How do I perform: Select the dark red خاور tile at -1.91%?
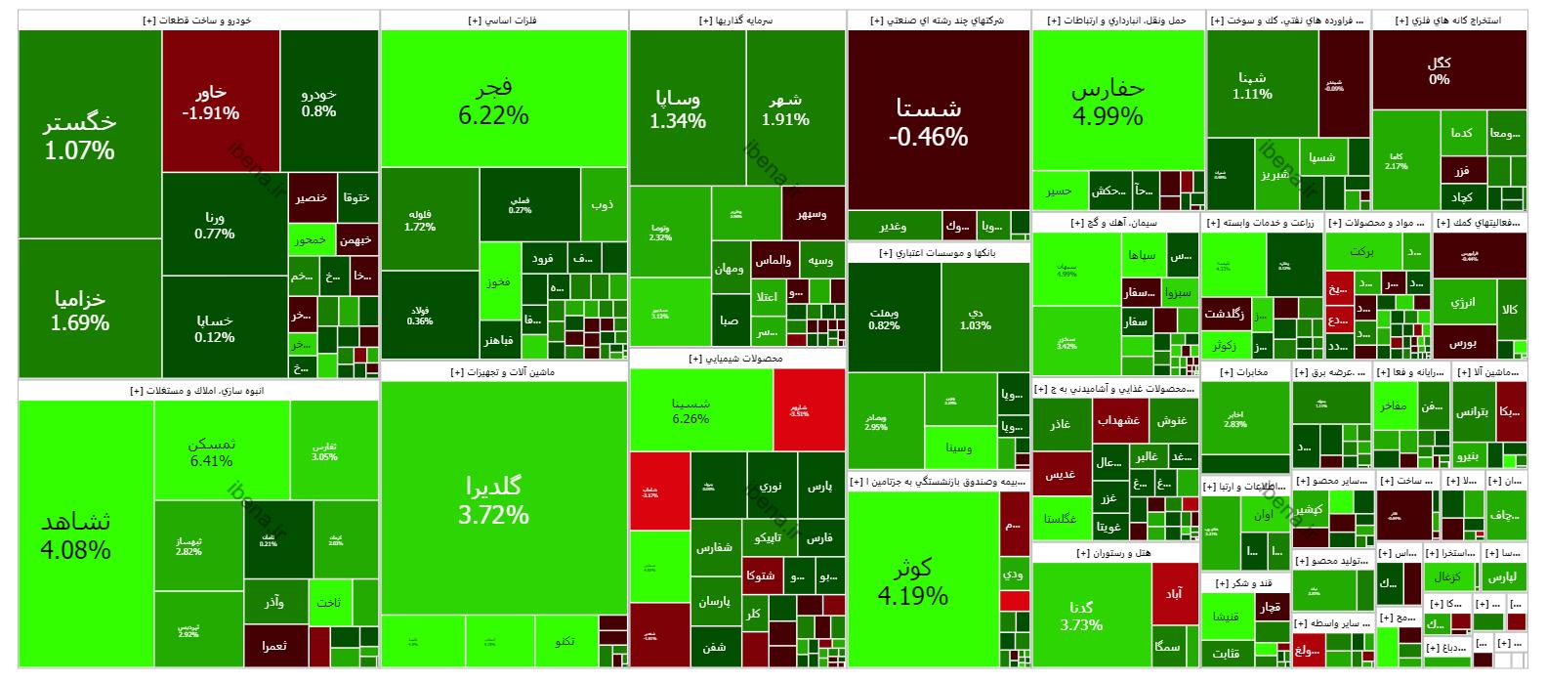pos(210,102)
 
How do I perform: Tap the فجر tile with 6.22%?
pos(493,100)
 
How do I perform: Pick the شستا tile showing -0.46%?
pos(928,121)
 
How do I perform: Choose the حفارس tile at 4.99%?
pos(1108,101)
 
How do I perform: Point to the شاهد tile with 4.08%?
pos(75,534)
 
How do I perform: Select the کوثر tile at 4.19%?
pos(913,580)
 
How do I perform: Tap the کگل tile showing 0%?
pos(1439,69)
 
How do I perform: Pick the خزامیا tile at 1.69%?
pos(80,310)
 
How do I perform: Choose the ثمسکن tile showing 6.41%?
pos(212,451)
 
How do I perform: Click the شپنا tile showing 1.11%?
pos(1252,86)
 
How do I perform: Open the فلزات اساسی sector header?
pos(503,21)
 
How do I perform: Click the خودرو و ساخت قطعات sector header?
pos(197,21)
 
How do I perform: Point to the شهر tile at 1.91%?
pos(785,109)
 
